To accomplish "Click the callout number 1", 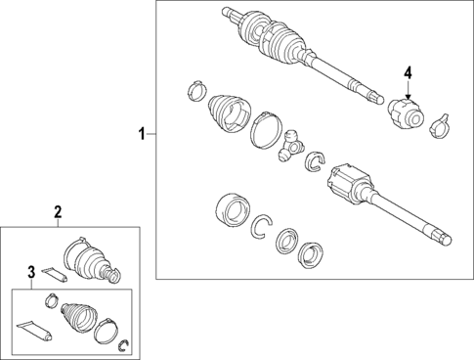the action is pos(142,134).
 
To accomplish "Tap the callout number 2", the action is pos(58,211).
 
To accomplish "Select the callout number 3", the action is pos(31,271).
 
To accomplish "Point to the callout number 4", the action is pos(408,72).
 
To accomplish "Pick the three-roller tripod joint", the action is pos(291,146).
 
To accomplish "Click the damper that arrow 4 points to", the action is pos(406,114).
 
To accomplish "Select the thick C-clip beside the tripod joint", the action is pos(316,161).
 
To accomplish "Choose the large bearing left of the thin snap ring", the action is pos(233,210).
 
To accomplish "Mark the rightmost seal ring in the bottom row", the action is pos(311,254).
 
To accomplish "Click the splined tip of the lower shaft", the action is pos(444,237).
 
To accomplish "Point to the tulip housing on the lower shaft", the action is pos(350,183).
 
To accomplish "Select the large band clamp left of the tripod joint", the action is pos(266,130).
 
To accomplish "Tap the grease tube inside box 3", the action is pos(34,332).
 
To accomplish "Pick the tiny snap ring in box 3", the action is pos(124,345).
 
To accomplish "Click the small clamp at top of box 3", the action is pos(52,300).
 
